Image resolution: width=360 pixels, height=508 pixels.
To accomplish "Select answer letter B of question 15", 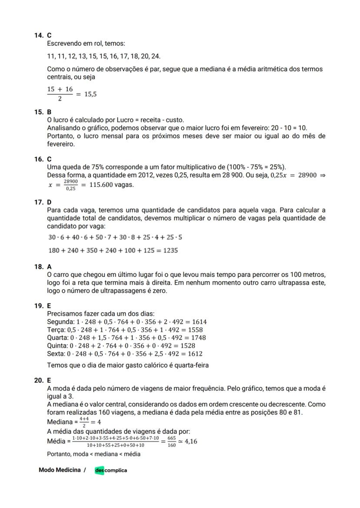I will coord(49,112).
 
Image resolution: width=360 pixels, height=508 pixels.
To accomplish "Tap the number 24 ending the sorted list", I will coord(156,56).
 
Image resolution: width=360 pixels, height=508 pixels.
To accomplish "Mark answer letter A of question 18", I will coord(49,267).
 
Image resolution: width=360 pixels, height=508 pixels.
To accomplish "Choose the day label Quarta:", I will coord(57,338).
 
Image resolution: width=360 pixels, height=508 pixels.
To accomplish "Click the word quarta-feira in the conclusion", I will coord(191,365).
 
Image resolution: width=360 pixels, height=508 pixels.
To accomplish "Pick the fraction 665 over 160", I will coord(171,442).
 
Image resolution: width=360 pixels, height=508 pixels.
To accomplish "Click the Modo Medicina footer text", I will coord(59,470).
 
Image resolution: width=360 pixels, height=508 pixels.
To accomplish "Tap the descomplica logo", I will coord(111,470).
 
